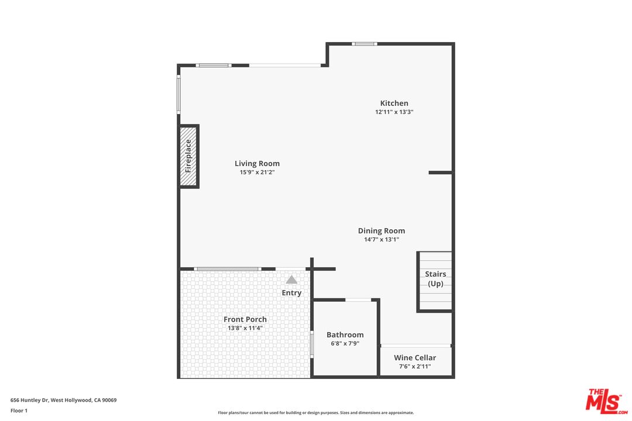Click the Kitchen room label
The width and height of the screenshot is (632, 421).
tap(394, 103)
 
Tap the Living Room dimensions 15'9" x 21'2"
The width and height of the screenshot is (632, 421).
tap(257, 172)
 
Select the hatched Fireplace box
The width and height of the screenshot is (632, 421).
tap(188, 156)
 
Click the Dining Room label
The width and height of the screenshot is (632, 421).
tap(381, 231)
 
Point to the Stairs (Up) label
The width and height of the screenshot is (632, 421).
tap(435, 279)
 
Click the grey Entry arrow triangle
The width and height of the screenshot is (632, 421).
tap(291, 280)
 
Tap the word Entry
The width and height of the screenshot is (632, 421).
tap(291, 293)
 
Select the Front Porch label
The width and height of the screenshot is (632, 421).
tap(245, 319)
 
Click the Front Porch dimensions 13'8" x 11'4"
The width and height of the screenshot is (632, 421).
tap(245, 328)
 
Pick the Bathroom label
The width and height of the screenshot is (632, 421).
tap(345, 335)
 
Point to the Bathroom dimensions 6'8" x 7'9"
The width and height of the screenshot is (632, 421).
tap(345, 344)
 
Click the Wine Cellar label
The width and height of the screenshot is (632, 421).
tap(415, 358)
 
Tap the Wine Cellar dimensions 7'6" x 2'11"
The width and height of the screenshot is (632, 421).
tap(415, 367)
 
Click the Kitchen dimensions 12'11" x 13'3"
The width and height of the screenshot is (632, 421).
tap(394, 112)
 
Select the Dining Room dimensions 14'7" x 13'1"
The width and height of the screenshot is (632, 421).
tap(381, 239)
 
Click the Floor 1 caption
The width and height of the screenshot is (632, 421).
tap(19, 410)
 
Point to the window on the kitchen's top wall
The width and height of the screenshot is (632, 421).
tap(364, 44)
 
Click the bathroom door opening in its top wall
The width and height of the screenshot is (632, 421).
tap(358, 300)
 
